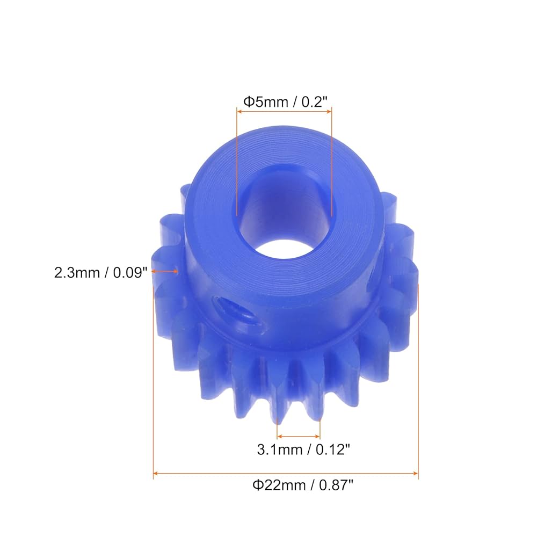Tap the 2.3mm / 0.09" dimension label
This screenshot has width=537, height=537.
click(100, 272)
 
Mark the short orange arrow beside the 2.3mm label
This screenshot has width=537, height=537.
click(169, 272)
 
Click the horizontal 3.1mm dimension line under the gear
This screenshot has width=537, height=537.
click(298, 437)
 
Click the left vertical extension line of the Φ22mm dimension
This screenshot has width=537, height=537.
click(154, 376)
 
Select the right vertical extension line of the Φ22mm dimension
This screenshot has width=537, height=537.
click(418, 376)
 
